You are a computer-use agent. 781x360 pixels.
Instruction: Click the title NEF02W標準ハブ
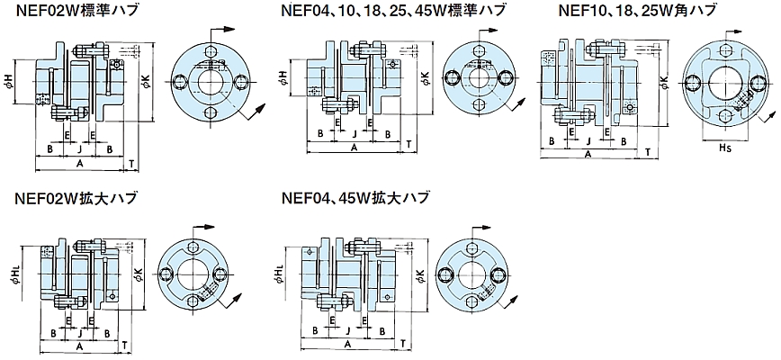(67, 12)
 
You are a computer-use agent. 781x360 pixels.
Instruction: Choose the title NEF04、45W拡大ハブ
(355, 199)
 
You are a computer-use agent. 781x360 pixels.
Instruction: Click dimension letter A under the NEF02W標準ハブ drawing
(79, 164)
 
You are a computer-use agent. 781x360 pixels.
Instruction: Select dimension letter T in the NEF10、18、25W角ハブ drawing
(648, 155)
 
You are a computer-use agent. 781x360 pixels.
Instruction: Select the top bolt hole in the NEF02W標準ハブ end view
(209, 52)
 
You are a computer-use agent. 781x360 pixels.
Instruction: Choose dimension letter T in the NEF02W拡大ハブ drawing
(124, 345)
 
